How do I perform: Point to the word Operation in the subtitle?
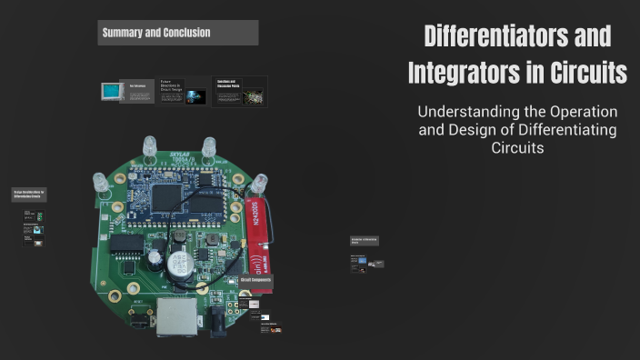pos(582,112)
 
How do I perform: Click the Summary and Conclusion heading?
pos(156,33)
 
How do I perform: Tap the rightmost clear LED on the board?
pos(260,182)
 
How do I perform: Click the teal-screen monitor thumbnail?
pos(113,91)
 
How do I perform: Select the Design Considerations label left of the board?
pos(29,194)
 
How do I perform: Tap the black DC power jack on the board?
pos(217,318)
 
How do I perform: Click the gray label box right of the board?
pos(364,241)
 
